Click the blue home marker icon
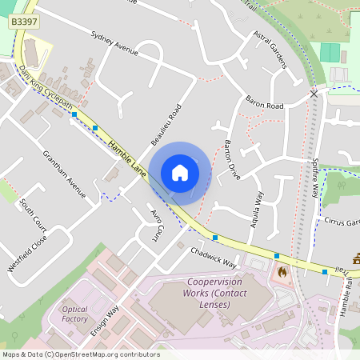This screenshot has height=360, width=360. [x=180, y=172]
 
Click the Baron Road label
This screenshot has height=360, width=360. [x=265, y=105]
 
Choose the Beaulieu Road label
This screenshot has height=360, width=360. [x=166, y=124]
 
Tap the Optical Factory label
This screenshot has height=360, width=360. [x=75, y=314]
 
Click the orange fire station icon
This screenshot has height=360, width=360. [x=282, y=272]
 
